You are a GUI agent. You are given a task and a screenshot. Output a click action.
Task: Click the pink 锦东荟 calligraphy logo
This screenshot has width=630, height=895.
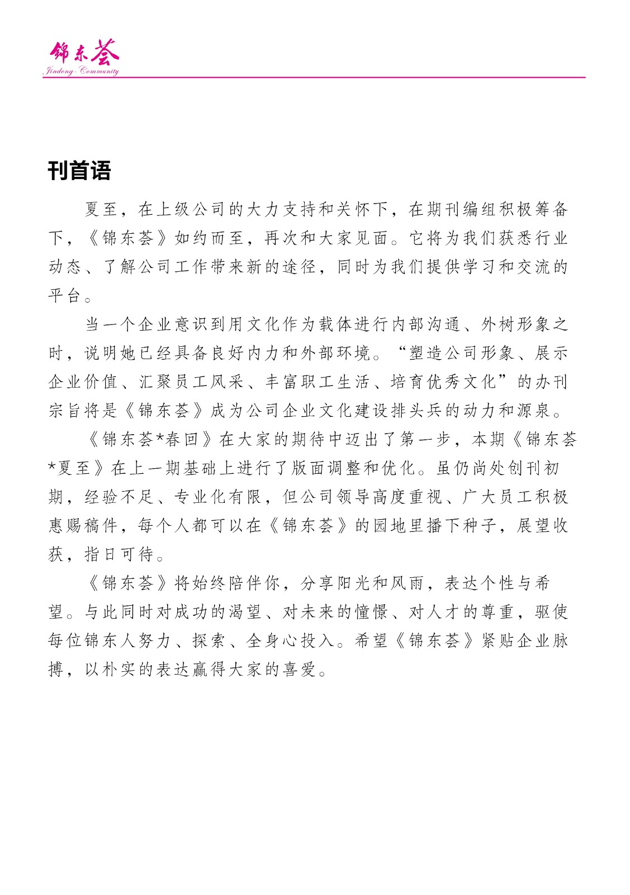point(84,53)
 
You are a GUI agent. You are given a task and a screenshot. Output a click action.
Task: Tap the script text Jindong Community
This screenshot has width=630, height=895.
point(81,72)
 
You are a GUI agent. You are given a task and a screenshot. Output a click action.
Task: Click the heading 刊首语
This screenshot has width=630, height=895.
point(79,171)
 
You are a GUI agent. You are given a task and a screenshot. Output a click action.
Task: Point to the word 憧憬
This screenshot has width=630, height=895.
point(371,612)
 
